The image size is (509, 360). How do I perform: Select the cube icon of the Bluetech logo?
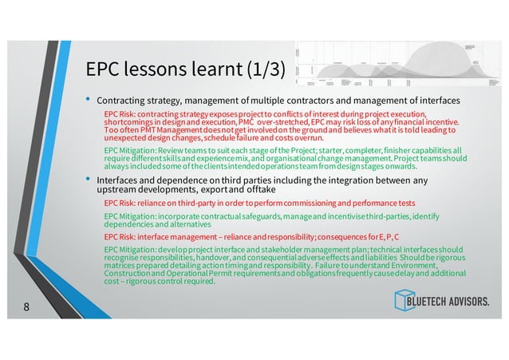404,300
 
